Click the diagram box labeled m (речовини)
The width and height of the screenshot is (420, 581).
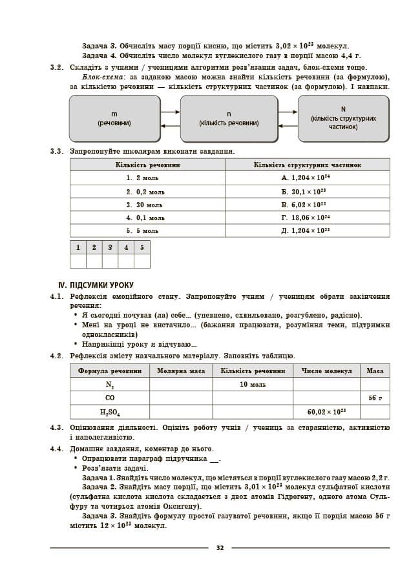[x=114, y=118]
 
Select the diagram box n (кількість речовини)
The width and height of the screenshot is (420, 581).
[x=229, y=118]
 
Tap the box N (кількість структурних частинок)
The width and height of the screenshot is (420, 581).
[x=343, y=118]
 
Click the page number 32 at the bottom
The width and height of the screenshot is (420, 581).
[x=220, y=548]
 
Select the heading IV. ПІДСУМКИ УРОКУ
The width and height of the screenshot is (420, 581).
[x=96, y=285]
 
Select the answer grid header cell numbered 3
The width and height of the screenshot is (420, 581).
[x=110, y=247]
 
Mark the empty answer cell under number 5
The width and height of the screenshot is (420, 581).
[x=142, y=261]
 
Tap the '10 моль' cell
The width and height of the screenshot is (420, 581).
[x=253, y=385]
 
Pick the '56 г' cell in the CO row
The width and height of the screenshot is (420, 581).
[x=375, y=398]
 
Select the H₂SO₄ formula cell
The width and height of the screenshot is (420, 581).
[x=110, y=412]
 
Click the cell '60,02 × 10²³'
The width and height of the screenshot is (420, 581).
[x=326, y=412]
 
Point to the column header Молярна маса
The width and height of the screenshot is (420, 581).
[x=181, y=371]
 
